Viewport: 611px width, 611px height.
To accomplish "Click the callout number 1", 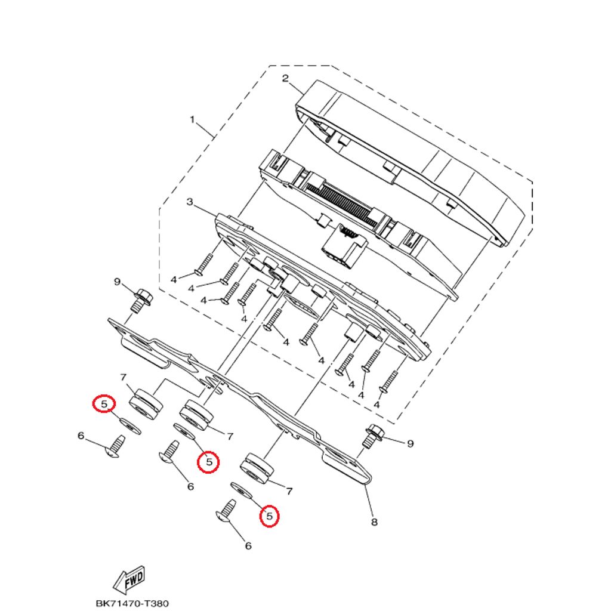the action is [x=192, y=120].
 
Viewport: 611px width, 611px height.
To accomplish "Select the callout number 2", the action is [x=285, y=78].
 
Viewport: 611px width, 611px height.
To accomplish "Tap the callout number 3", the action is [x=190, y=203].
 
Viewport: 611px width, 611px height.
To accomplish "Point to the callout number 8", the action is [x=374, y=523].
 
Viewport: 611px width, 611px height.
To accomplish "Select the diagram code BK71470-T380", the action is [x=128, y=604].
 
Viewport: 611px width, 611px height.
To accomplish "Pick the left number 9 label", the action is [x=118, y=280].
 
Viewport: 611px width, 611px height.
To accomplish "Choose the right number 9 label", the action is [x=411, y=443].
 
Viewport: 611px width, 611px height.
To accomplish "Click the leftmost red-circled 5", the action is [x=104, y=405].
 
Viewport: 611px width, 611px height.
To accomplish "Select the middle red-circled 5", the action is [x=209, y=461].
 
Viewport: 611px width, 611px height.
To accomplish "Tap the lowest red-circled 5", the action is [x=270, y=516].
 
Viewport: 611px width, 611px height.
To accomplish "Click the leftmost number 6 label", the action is [x=81, y=436].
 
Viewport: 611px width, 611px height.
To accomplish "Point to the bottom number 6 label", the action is [x=248, y=545].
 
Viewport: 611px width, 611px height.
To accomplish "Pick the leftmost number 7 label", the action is [x=123, y=377].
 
